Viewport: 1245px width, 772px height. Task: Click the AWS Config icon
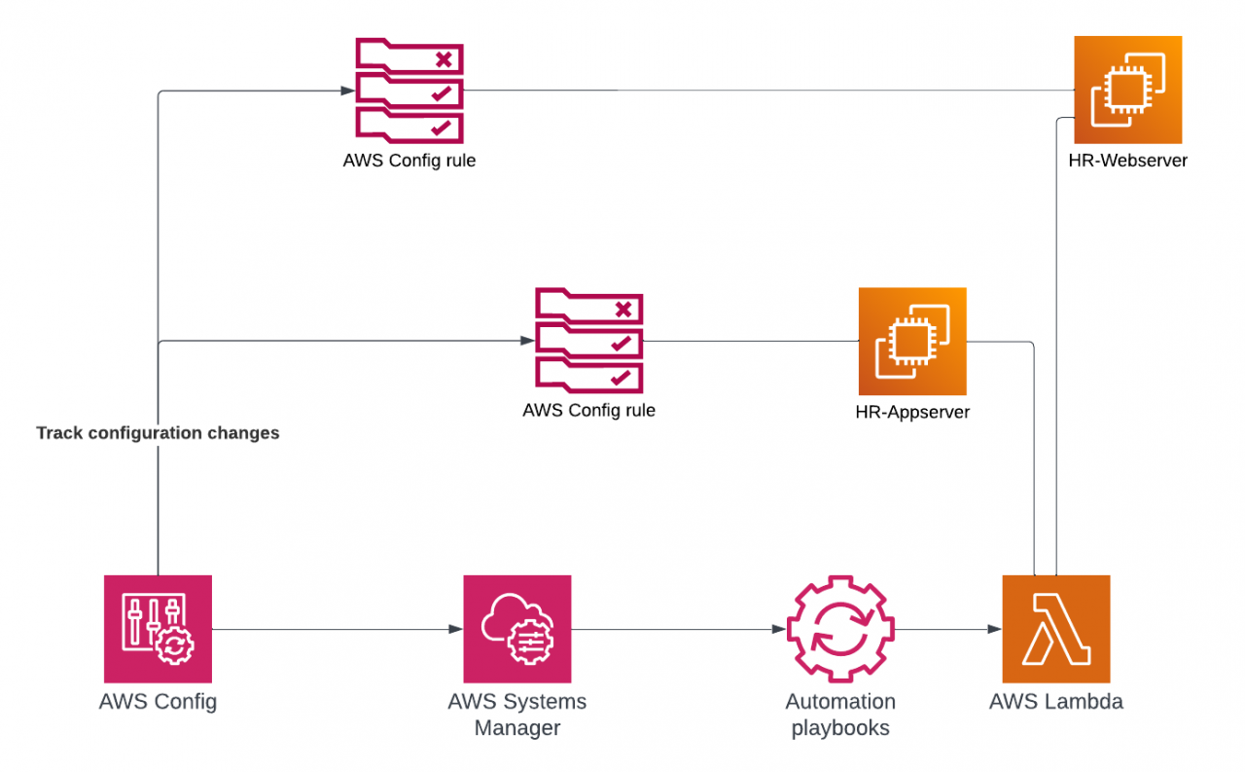(158, 629)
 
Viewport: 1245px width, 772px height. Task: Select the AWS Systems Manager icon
(516, 629)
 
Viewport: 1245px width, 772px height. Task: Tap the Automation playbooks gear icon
(840, 629)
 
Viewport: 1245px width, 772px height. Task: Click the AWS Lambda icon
(1055, 629)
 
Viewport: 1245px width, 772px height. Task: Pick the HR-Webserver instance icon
(1127, 90)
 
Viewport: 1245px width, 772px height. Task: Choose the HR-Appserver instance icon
(912, 341)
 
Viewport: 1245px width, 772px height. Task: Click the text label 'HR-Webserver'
(1127, 161)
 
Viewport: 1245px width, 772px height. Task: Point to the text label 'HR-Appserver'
(912, 412)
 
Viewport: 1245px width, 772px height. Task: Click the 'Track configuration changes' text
(158, 433)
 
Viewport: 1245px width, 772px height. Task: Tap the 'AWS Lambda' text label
(1055, 702)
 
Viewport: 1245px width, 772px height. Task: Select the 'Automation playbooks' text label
(840, 715)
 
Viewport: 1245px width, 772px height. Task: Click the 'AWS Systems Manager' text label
(516, 715)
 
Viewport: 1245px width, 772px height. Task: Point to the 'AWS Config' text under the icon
(158, 702)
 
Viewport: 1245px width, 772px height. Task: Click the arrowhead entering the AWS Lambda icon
(994, 630)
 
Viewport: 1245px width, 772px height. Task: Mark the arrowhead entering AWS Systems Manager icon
(455, 630)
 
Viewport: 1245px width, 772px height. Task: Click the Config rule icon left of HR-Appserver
(588, 341)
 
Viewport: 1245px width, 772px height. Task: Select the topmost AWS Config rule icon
(409, 90)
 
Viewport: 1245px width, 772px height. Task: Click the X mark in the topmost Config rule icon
(444, 59)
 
